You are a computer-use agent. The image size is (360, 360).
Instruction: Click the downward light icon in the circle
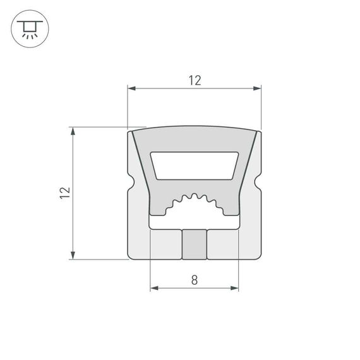click(x=28, y=28)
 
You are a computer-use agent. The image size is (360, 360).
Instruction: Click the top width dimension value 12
click(x=194, y=80)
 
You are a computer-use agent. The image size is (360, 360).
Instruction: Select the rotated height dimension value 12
click(x=64, y=193)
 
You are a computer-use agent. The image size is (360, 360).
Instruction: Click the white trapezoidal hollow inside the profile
click(x=195, y=165)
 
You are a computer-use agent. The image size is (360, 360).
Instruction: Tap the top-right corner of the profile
click(x=258, y=132)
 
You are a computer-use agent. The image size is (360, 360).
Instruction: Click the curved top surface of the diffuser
click(x=195, y=128)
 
